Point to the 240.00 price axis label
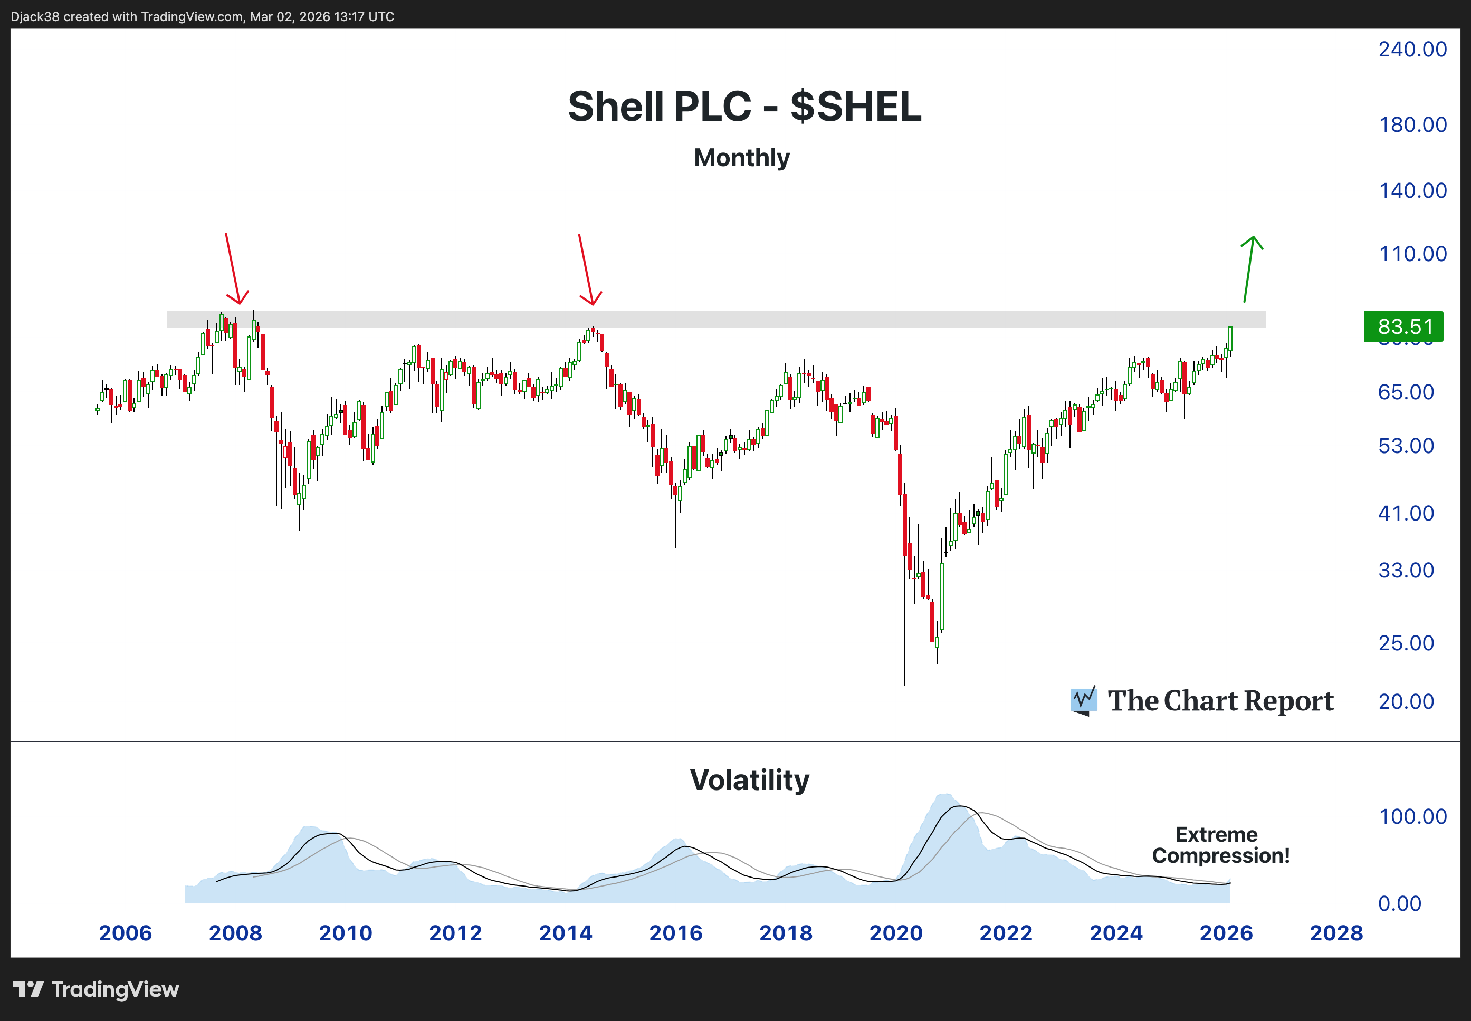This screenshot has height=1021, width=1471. (1412, 49)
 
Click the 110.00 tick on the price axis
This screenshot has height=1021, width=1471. (1412, 254)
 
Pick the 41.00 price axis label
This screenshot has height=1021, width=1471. (1406, 513)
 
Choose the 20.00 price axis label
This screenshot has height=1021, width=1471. (1406, 702)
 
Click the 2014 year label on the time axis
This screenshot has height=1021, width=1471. (566, 933)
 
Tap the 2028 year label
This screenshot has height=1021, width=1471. (1336, 933)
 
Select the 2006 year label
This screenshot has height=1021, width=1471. (126, 933)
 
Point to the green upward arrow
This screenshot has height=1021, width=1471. (1249, 268)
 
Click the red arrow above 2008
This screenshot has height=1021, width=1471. (234, 268)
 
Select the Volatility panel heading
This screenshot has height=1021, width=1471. (749, 781)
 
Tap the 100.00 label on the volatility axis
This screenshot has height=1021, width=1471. (1412, 817)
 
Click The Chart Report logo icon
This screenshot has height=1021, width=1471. (1083, 700)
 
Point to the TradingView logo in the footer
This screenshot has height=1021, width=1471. (96, 990)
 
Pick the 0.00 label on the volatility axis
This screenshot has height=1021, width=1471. (1399, 904)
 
